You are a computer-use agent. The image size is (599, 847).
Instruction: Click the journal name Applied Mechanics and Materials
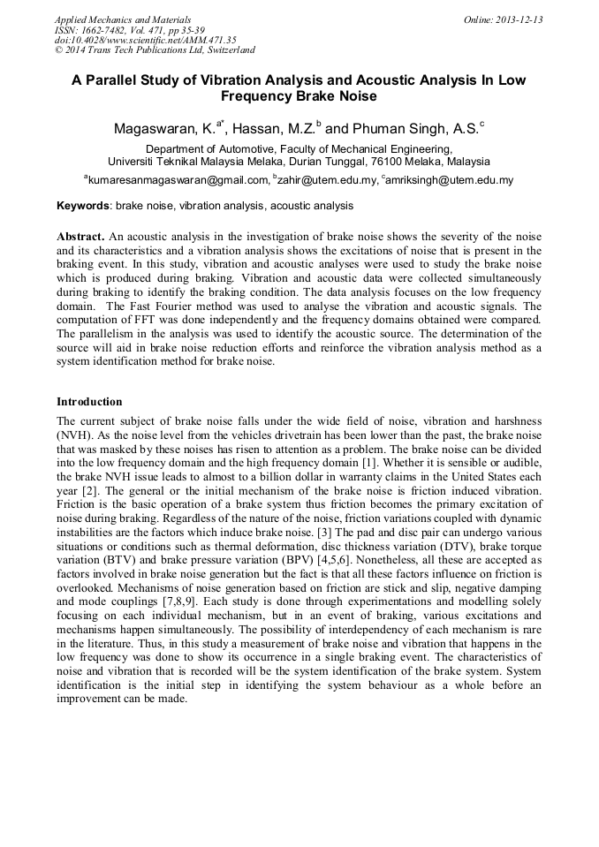click(x=122, y=19)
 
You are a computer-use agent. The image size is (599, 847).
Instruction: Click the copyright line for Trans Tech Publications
click(x=155, y=50)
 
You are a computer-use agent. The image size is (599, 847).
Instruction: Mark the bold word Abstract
click(x=80, y=238)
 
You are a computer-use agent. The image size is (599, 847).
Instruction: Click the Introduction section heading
click(x=89, y=402)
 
